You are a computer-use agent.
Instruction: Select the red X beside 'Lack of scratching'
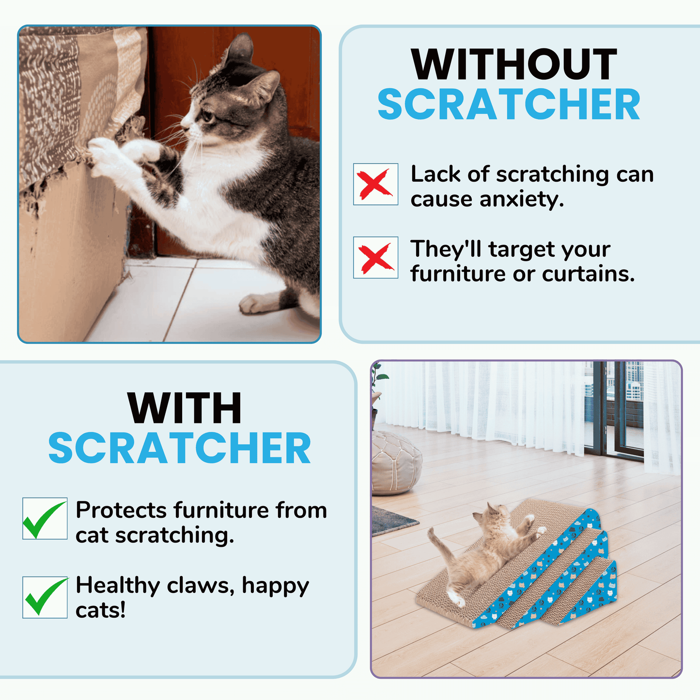375,184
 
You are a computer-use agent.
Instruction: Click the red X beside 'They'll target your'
375,257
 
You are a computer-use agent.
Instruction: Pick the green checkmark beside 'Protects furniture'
45,518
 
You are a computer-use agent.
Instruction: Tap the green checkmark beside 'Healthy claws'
45,597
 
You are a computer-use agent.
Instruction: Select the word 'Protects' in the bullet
121,510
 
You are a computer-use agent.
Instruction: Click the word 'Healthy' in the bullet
118,585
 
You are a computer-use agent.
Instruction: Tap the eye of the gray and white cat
207,116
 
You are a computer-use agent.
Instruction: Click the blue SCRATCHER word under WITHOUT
509,105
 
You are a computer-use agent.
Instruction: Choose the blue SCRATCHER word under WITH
179,449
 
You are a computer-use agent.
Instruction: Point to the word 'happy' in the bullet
275,586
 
